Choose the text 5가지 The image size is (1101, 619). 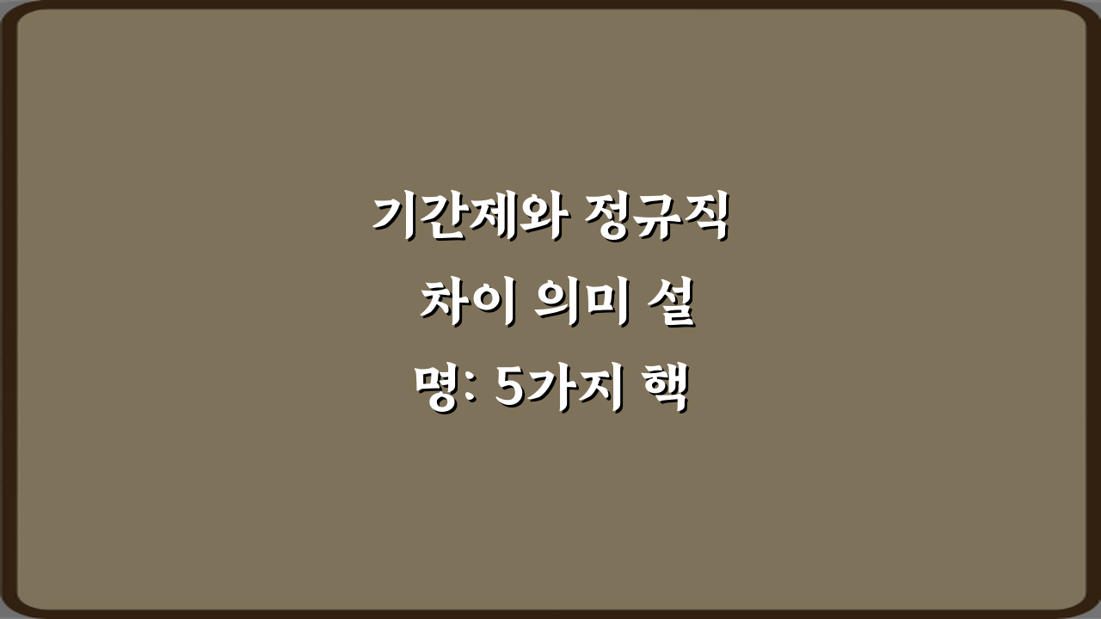(559, 394)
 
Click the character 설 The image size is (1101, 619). (671, 305)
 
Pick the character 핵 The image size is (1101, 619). (665, 394)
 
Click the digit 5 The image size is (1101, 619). (513, 394)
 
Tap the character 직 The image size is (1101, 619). (705, 217)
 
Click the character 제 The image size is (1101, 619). (493, 217)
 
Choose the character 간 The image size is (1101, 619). (444, 217)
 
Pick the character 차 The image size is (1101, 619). (445, 305)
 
